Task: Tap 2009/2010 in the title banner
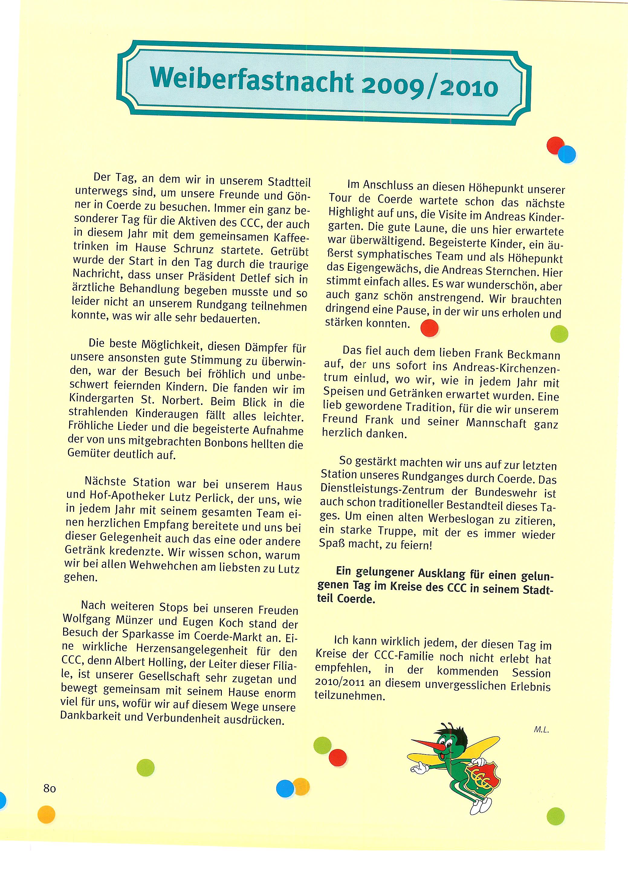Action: click(429, 87)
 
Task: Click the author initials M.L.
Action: click(541, 730)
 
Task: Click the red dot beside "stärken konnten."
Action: click(429, 328)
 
